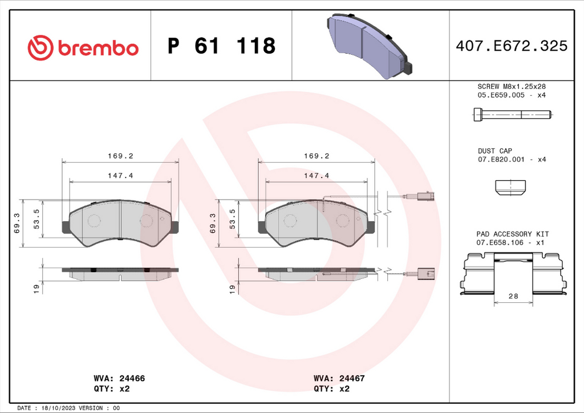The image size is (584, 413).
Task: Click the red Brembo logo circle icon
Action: coord(40,48)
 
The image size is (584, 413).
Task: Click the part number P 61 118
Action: coord(222,46)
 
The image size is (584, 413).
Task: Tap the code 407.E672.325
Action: coord(512,46)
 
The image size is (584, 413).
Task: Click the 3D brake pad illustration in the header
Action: coord(370,46)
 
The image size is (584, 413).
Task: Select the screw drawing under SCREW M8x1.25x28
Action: coord(513,114)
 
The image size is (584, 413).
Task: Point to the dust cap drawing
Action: coord(510,187)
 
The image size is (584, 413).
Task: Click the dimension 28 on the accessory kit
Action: coord(513,296)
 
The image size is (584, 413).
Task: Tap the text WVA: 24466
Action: coord(119,378)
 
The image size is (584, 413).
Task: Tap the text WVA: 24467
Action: coord(339,378)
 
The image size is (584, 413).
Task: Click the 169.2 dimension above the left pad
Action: coord(120,156)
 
